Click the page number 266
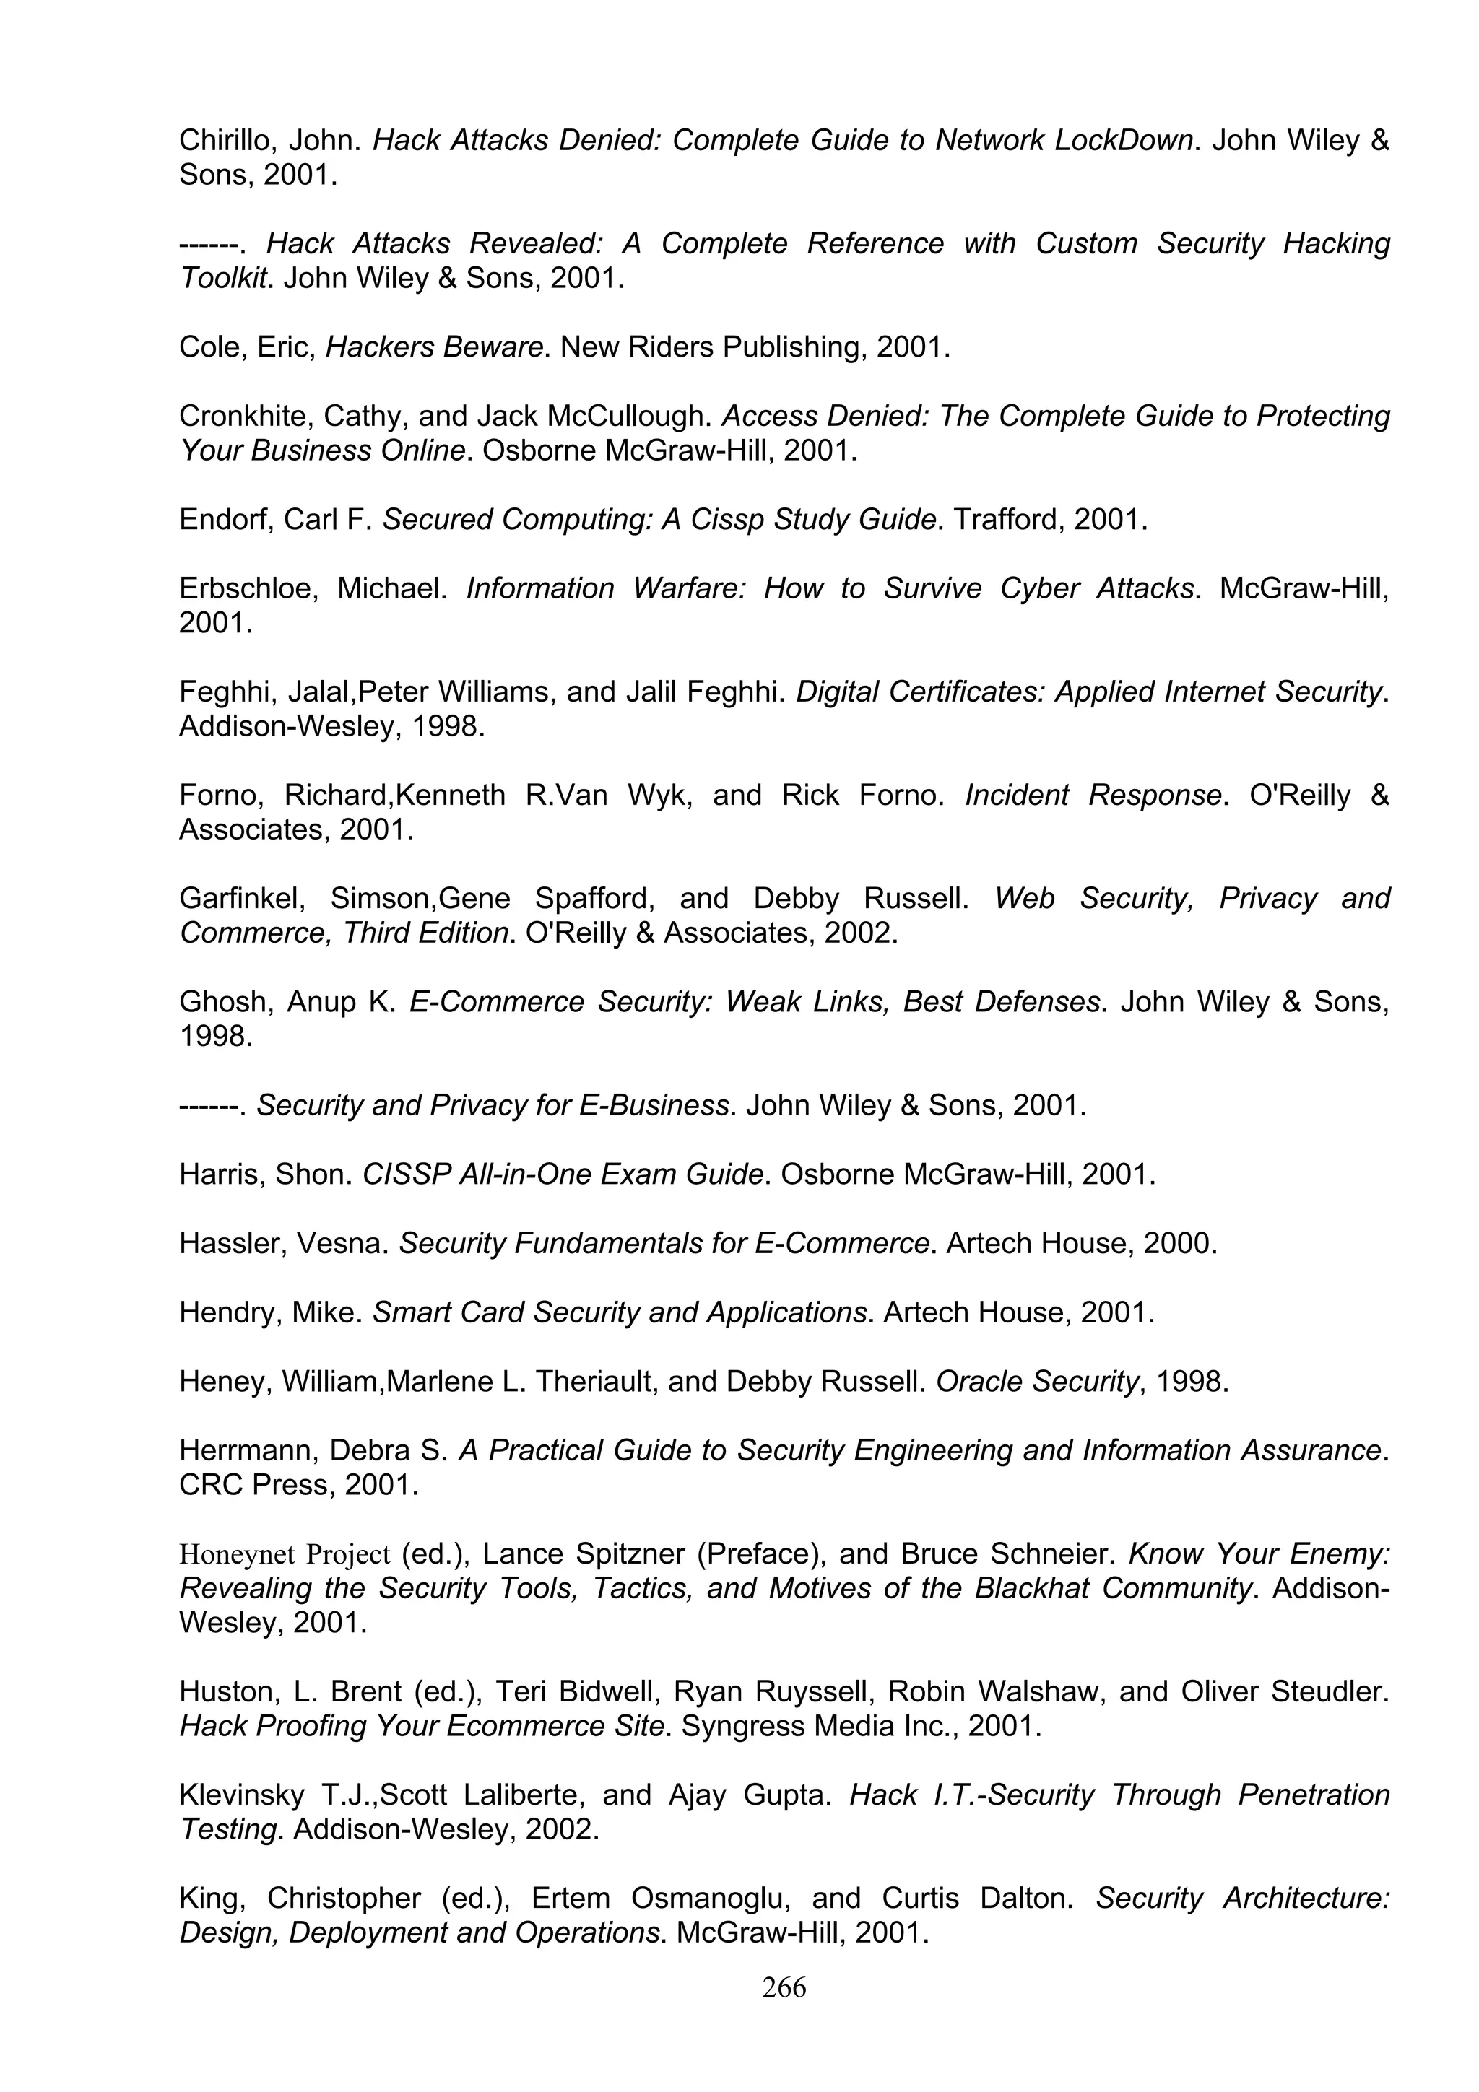784,1987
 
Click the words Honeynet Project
285,1553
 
